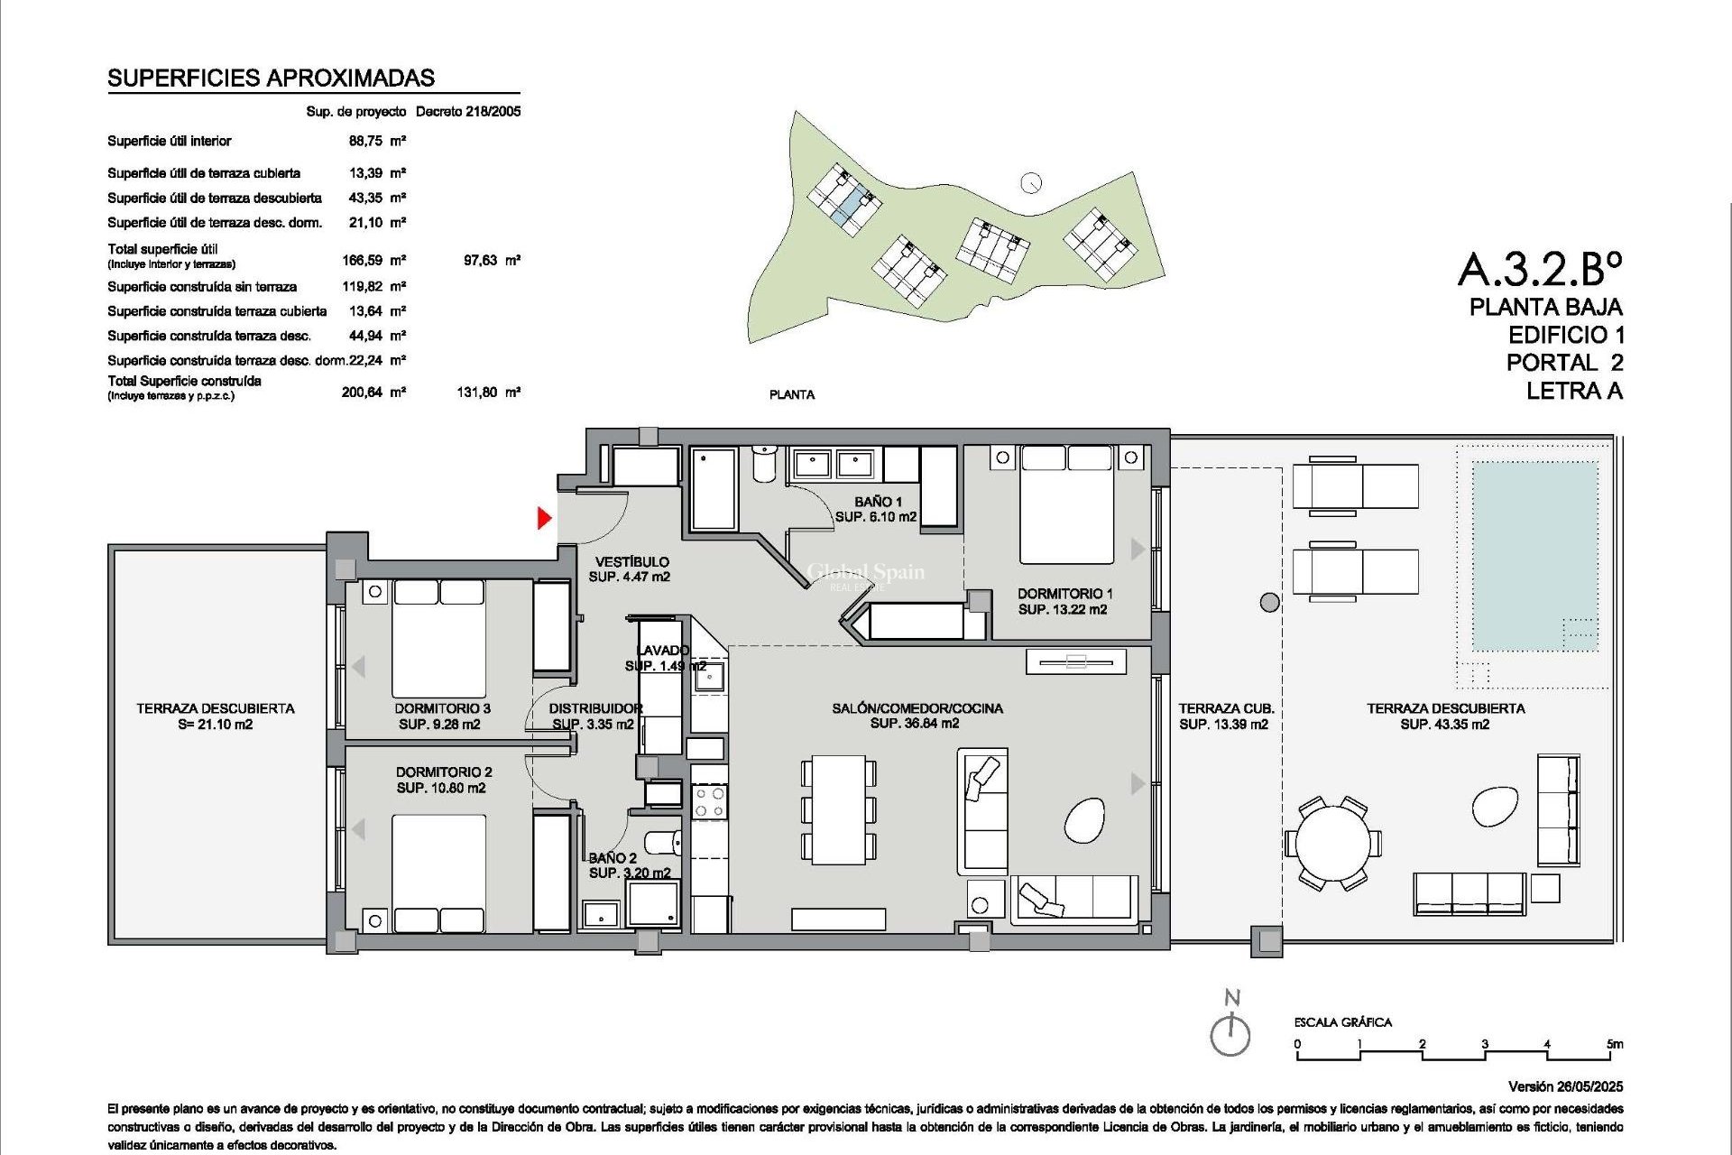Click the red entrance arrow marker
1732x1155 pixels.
pos(544,518)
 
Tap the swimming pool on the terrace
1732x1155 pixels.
pos(1534,555)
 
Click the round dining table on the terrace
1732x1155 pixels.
pos(1332,845)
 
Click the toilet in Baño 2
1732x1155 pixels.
pos(664,842)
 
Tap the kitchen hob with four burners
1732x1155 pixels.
pos(710,802)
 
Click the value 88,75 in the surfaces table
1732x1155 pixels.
pos(365,142)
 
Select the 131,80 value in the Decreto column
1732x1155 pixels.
pos(477,393)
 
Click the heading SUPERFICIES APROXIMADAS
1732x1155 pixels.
pos(271,79)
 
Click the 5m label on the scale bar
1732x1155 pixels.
pos(1614,1044)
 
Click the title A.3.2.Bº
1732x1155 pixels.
pos(1540,268)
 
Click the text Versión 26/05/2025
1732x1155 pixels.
pos(1565,1086)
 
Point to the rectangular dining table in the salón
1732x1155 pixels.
pos(838,809)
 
